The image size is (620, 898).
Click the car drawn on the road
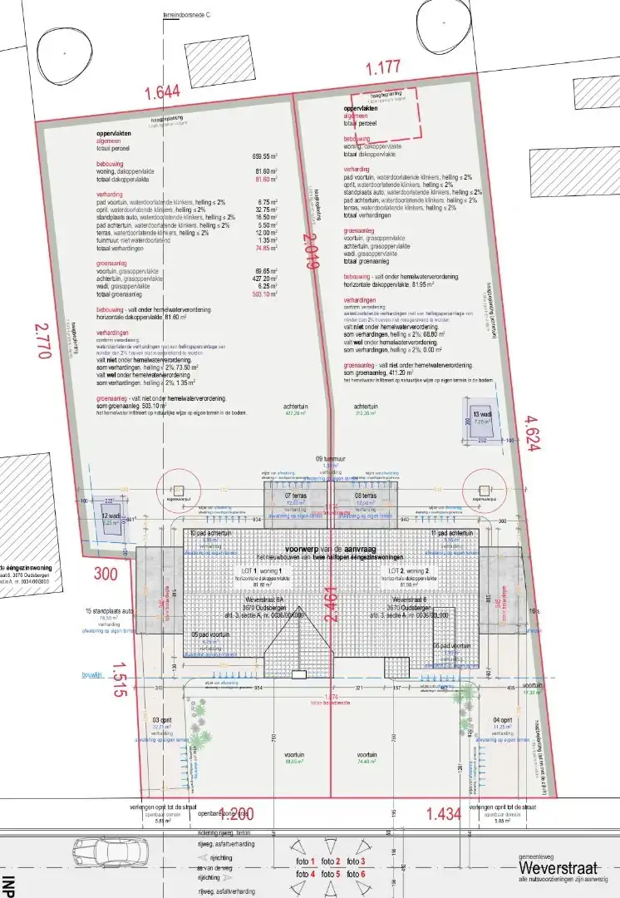click(106, 852)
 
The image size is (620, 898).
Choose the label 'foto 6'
click(356, 874)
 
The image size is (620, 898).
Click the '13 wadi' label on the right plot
click(483, 414)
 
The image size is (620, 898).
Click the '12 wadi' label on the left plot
click(111, 516)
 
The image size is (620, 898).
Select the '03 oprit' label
click(162, 719)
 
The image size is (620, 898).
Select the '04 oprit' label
click(502, 719)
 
